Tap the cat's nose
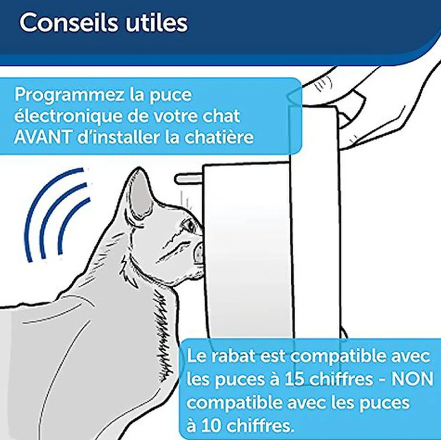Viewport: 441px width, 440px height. tap(198, 248)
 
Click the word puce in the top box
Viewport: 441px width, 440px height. tap(170, 96)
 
